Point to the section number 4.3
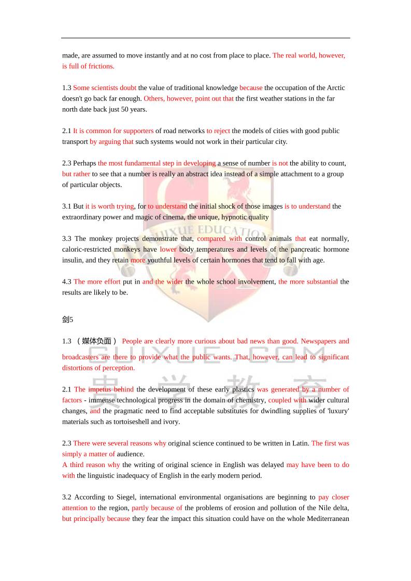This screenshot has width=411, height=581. (67, 282)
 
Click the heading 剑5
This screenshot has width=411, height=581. (68, 319)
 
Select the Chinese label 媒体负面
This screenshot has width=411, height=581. (96, 341)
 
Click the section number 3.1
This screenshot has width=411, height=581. (67, 206)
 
